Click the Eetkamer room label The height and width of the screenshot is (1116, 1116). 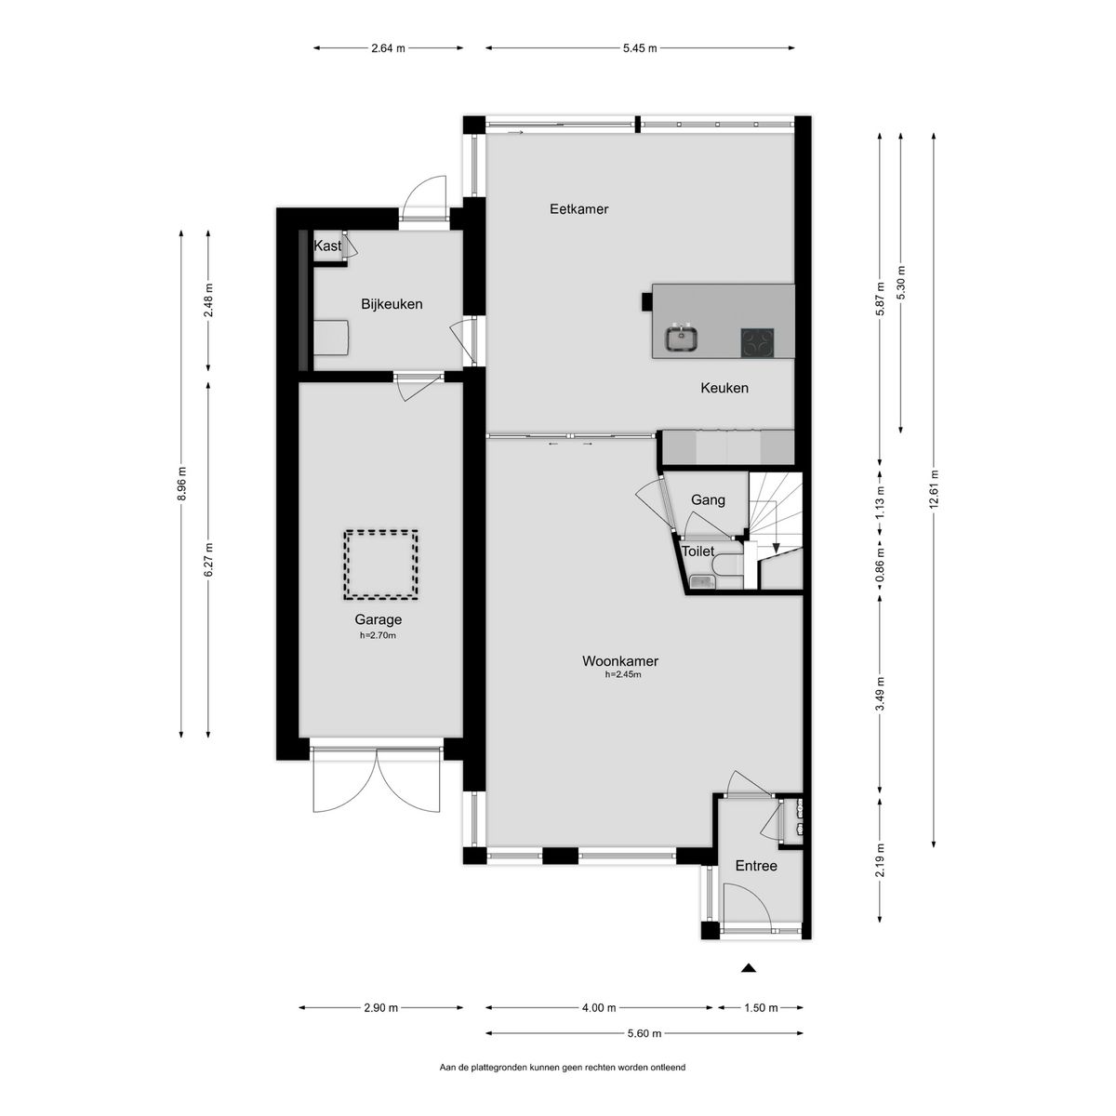pyautogui.click(x=578, y=209)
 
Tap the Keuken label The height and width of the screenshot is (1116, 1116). pyautogui.click(x=724, y=388)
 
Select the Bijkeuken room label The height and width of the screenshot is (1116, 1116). pyautogui.click(x=392, y=304)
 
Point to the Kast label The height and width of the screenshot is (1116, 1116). pyautogui.click(x=327, y=246)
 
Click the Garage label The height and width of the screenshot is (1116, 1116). pyautogui.click(x=379, y=619)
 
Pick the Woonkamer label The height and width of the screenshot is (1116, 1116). pyautogui.click(x=620, y=661)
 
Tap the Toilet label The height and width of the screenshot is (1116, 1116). pyautogui.click(x=697, y=551)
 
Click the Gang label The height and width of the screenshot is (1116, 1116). pyautogui.click(x=708, y=499)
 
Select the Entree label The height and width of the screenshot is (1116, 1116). pyautogui.click(x=756, y=866)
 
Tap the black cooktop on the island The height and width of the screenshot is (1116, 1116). pyautogui.click(x=758, y=342)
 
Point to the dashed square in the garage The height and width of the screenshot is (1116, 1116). pyautogui.click(x=381, y=565)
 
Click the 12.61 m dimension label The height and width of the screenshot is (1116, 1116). pyautogui.click(x=934, y=491)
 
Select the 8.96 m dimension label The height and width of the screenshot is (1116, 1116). pyautogui.click(x=181, y=485)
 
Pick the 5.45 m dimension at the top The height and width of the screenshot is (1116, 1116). pyautogui.click(x=640, y=48)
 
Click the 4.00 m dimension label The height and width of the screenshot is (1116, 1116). pyautogui.click(x=599, y=1008)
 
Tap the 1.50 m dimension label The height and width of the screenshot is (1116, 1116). pyautogui.click(x=761, y=1008)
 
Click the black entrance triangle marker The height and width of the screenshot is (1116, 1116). pyautogui.click(x=749, y=968)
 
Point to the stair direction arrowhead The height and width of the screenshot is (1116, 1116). pyautogui.click(x=776, y=548)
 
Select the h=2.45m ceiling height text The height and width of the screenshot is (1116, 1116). pyautogui.click(x=623, y=674)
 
